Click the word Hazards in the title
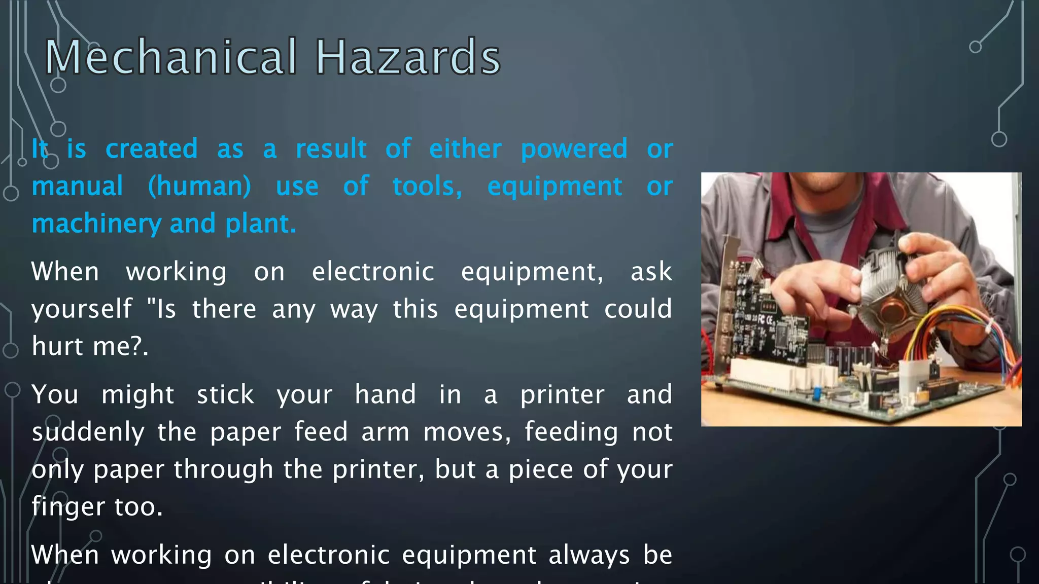click(x=408, y=57)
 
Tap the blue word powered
click(x=574, y=149)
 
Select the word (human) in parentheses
click(x=199, y=186)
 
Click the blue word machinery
click(x=96, y=224)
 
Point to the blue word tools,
click(x=427, y=186)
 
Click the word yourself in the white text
click(x=82, y=309)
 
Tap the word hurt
click(x=57, y=346)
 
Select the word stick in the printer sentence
click(x=225, y=394)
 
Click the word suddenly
click(x=88, y=432)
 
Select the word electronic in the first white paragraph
click(x=372, y=272)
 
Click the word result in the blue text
click(x=331, y=149)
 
